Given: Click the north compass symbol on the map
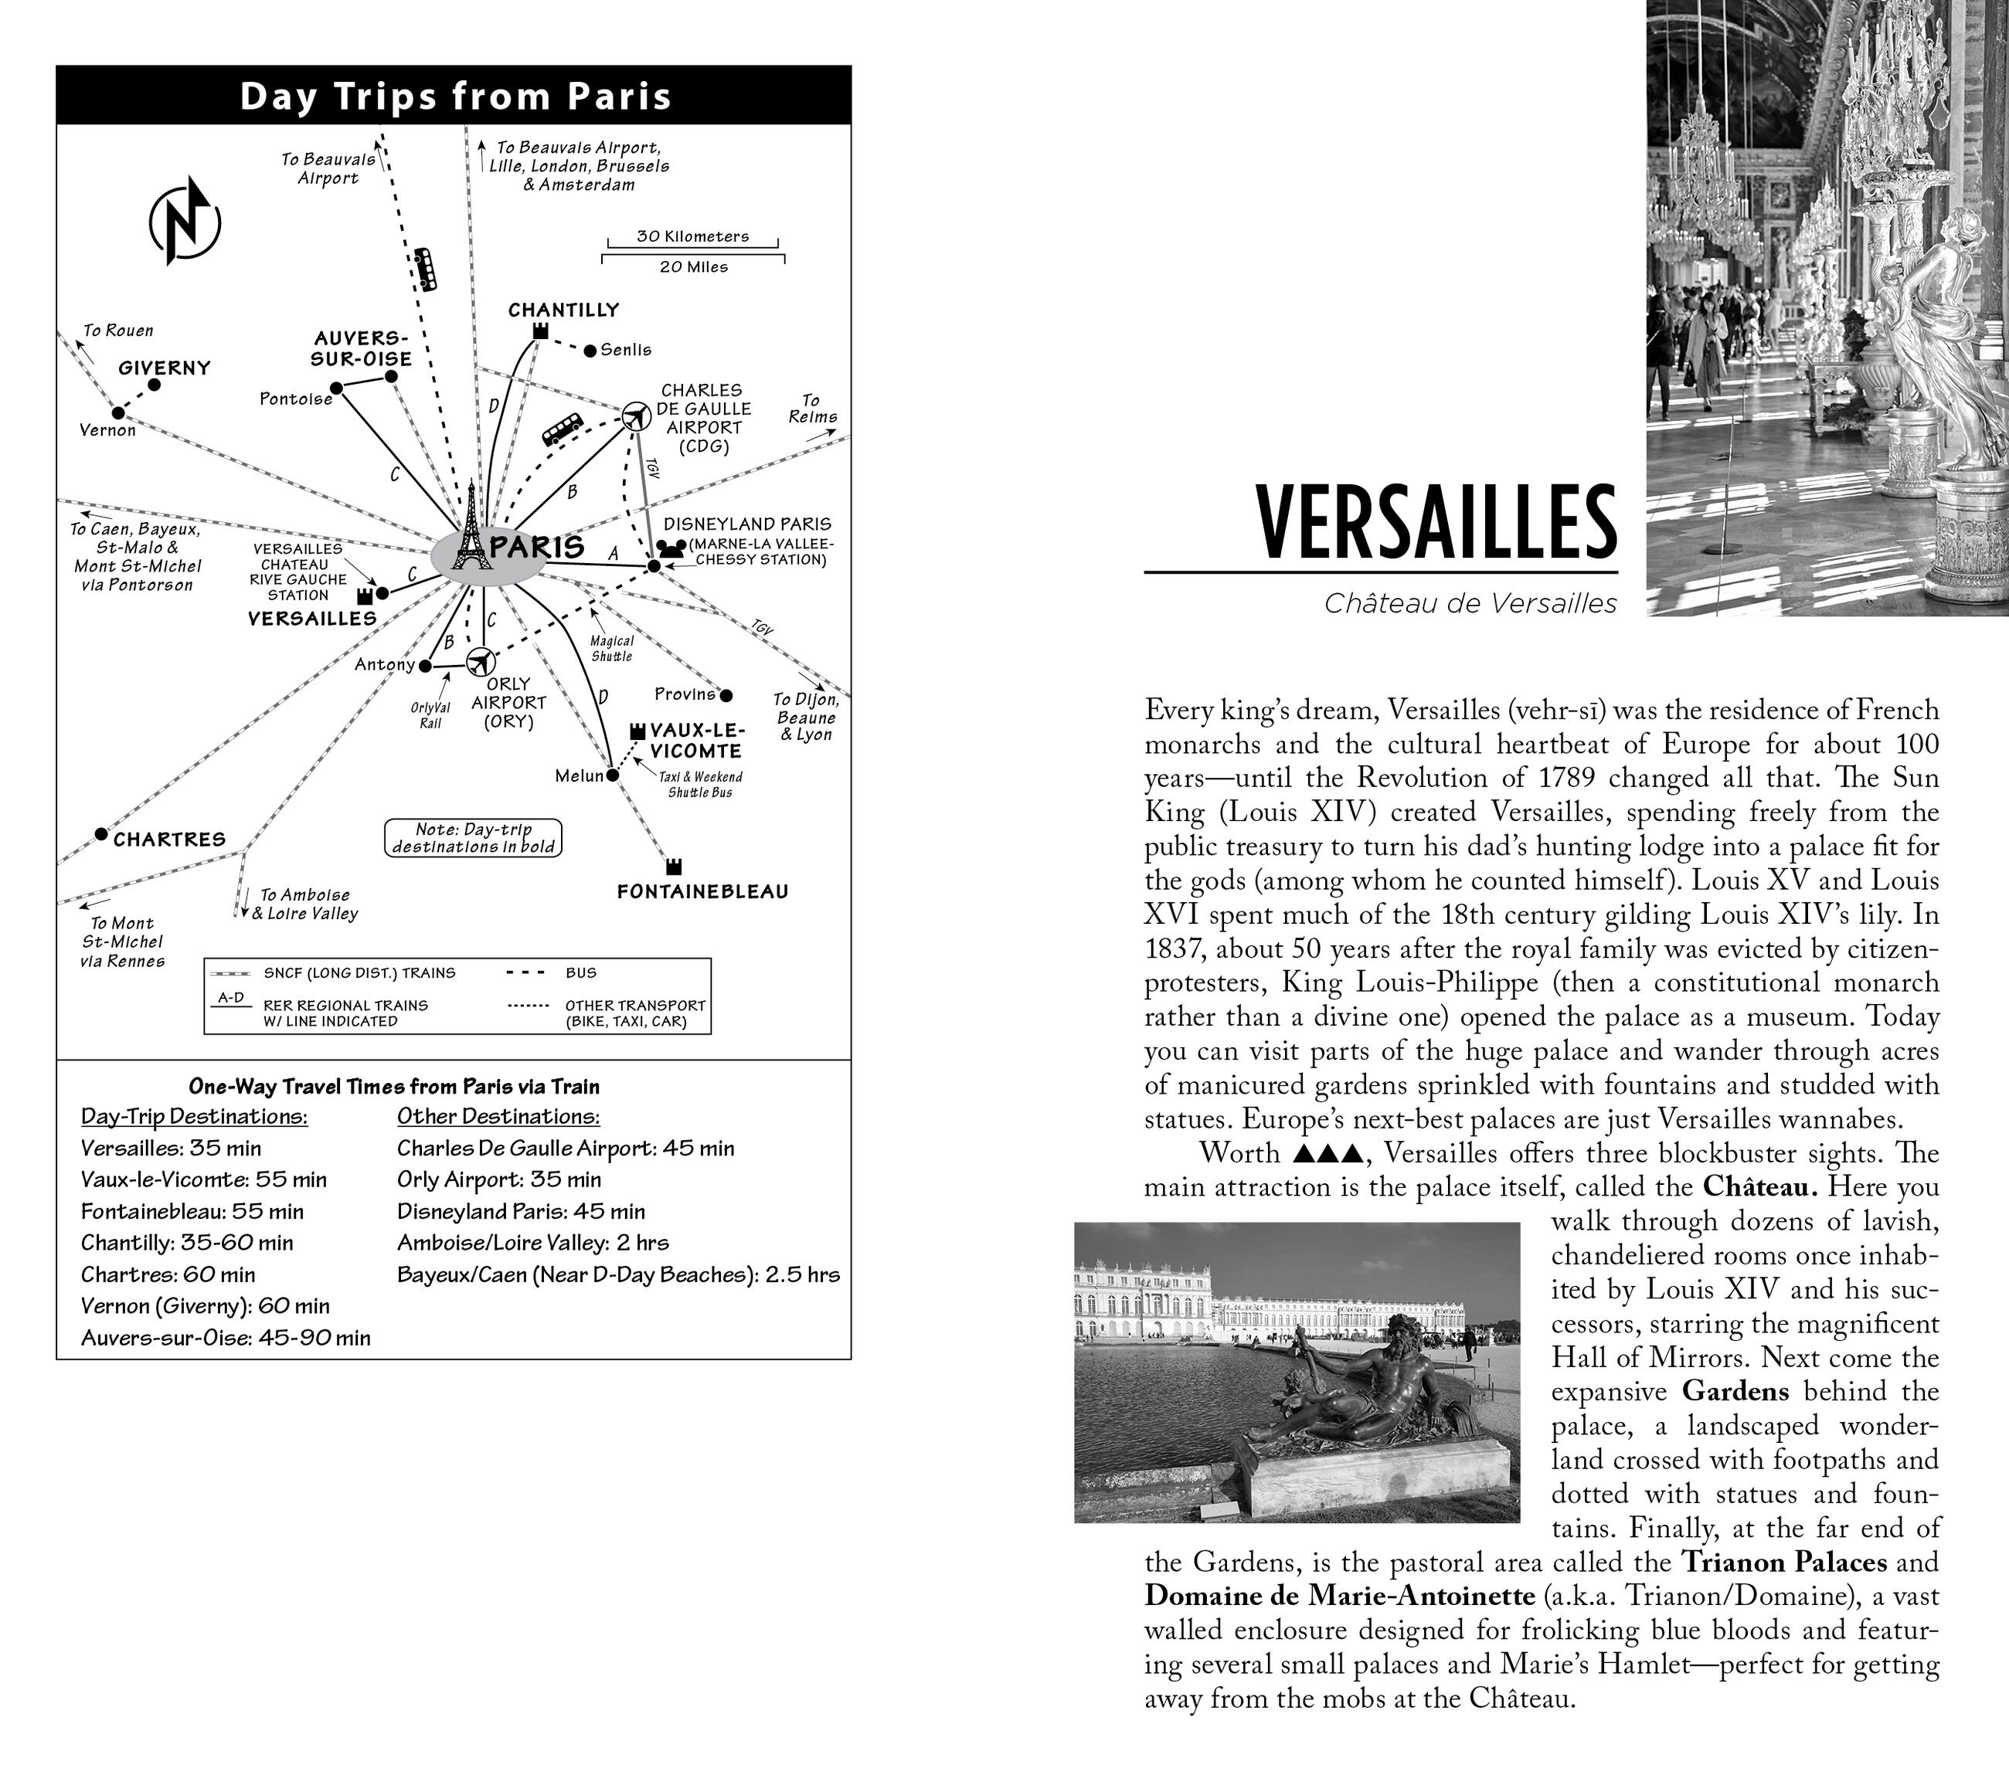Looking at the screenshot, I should pyautogui.click(x=185, y=222).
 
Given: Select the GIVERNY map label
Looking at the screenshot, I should pyautogui.click(x=164, y=368).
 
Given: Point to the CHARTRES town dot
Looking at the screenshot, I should pyautogui.click(x=100, y=834).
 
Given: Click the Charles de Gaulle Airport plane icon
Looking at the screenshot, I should pyautogui.click(x=637, y=416).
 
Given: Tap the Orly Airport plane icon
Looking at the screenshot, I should pyautogui.click(x=481, y=661).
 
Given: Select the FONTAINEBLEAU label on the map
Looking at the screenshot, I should pyautogui.click(x=702, y=892).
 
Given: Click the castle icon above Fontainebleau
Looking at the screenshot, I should pyautogui.click(x=673, y=867).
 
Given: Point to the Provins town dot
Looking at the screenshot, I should pyautogui.click(x=726, y=695).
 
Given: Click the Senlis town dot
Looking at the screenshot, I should pyautogui.click(x=590, y=351).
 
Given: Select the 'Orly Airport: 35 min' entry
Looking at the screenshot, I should pyautogui.click(x=498, y=1180).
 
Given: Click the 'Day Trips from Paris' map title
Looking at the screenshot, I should pyautogui.click(x=455, y=97).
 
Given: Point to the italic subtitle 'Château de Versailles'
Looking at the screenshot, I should pyautogui.click(x=1470, y=603).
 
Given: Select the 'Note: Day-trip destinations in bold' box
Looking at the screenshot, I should pyautogui.click(x=473, y=838).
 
